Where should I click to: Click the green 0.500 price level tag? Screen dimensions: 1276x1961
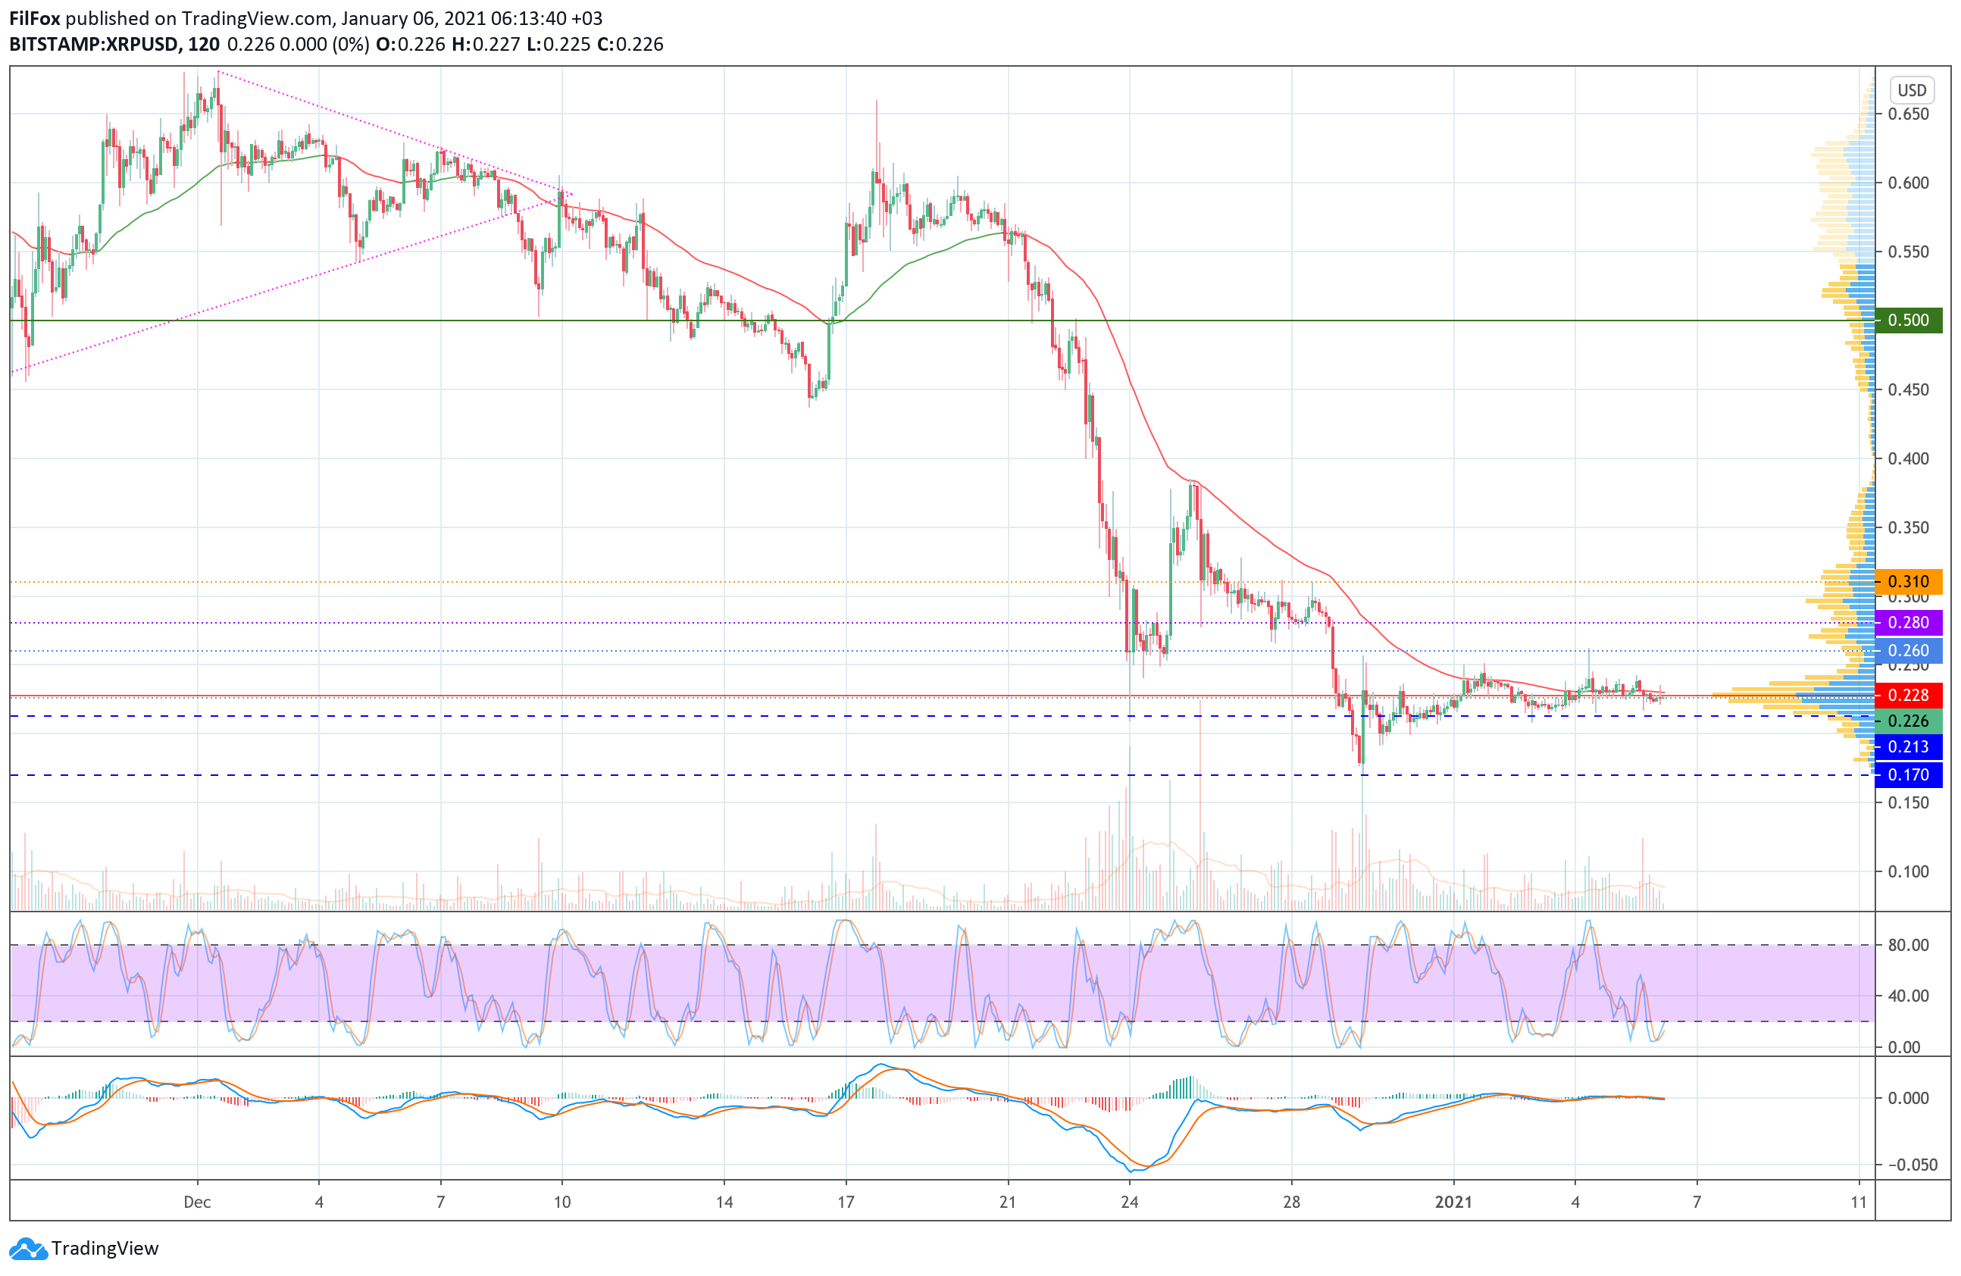click(1907, 320)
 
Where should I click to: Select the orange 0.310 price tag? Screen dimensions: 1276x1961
click(1907, 582)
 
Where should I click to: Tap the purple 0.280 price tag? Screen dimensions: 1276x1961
click(1907, 622)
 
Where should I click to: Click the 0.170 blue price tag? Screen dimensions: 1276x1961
click(1907, 774)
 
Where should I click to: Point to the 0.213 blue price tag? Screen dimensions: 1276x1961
click(1907, 746)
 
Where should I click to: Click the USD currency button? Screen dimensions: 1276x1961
click(1912, 89)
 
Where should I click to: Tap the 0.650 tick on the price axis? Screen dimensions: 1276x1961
click(1908, 114)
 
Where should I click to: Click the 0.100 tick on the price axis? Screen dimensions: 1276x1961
click(1908, 871)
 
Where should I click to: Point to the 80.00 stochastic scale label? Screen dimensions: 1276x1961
click(1908, 945)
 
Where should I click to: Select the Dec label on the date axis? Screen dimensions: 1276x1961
click(197, 1202)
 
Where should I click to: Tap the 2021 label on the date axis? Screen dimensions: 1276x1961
click(1453, 1202)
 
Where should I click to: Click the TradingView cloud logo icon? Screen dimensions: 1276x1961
click(29, 1249)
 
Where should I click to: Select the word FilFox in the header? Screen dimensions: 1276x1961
click(35, 18)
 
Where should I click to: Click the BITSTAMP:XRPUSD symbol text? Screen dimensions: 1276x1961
click(93, 45)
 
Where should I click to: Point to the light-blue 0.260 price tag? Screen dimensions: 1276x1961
click(1907, 650)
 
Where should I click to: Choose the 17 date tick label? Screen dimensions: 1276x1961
click(846, 1202)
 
